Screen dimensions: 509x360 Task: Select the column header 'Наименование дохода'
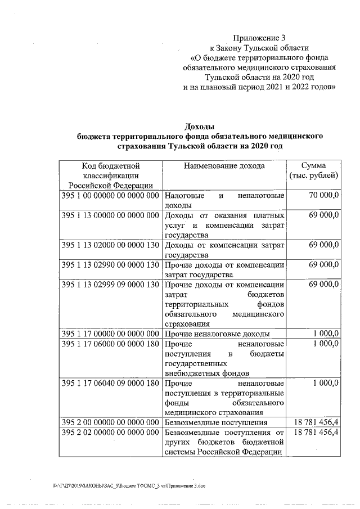point(224,166)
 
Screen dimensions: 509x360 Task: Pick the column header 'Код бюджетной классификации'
point(111,175)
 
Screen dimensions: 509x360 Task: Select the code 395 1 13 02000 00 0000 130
point(111,246)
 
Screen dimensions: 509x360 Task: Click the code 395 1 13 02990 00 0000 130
point(111,265)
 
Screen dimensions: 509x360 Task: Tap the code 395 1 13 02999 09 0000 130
point(111,285)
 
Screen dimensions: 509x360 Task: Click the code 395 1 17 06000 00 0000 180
point(111,344)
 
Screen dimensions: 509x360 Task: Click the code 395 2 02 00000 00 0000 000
point(111,433)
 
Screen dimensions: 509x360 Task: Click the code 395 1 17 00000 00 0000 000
point(111,334)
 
